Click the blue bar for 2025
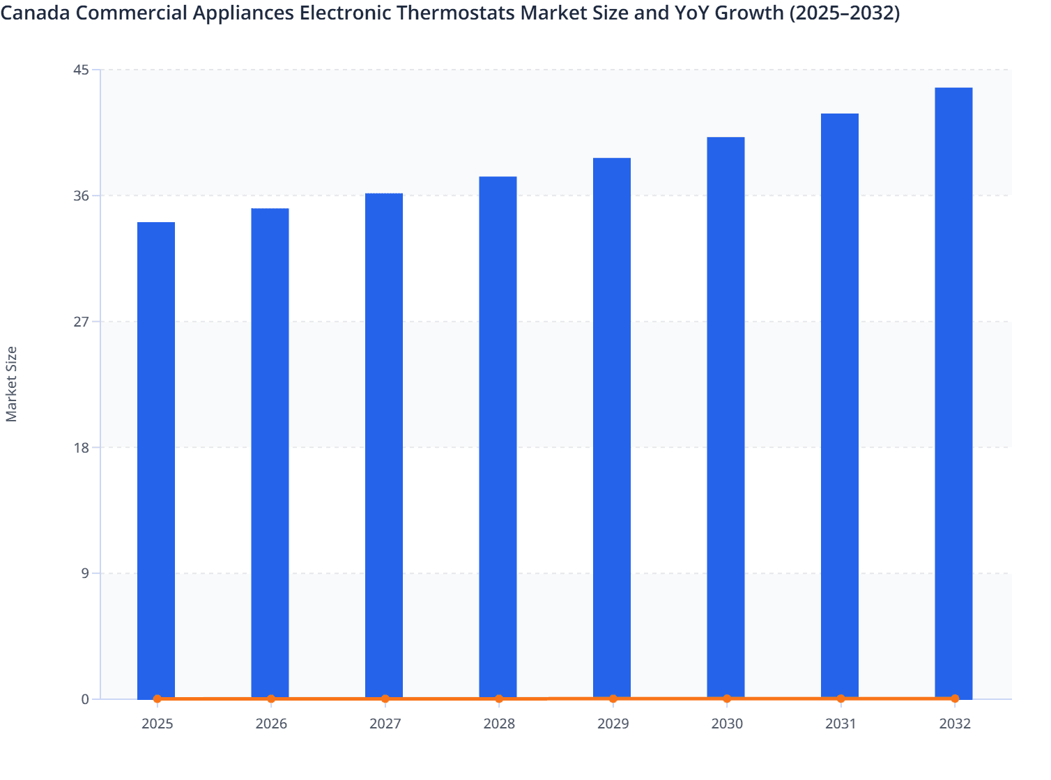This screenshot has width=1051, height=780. (156, 460)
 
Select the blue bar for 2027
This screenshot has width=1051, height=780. (384, 446)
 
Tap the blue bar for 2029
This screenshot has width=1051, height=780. (612, 428)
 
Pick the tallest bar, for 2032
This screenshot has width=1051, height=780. (953, 393)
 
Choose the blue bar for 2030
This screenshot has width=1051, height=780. (726, 418)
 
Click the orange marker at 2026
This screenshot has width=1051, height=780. (271, 699)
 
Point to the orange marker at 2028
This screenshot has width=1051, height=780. (499, 699)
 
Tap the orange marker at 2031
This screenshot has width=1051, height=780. (841, 699)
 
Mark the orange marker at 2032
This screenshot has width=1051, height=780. (955, 699)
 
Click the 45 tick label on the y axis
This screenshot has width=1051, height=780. (81, 70)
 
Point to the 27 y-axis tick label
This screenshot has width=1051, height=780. (81, 322)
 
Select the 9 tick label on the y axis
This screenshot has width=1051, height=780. (85, 573)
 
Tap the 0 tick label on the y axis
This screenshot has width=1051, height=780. (85, 699)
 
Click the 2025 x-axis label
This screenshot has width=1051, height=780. (157, 724)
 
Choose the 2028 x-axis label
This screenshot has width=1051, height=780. (499, 724)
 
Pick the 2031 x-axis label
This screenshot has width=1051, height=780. (841, 724)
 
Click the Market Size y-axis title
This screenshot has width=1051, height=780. (12, 384)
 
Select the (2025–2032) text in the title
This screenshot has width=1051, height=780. (844, 13)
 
